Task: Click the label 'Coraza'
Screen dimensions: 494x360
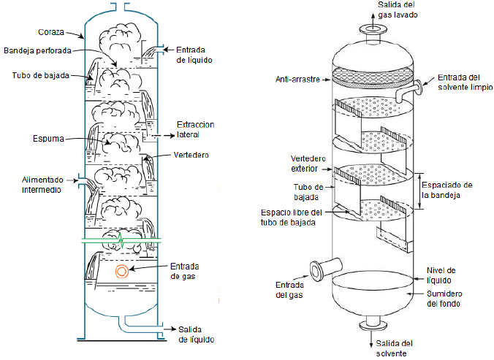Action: click(x=51, y=32)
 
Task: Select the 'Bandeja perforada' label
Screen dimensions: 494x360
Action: click(x=37, y=50)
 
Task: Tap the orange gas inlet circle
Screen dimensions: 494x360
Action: click(x=122, y=271)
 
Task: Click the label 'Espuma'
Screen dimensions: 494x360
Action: click(x=48, y=139)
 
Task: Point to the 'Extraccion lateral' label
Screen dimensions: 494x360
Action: click(x=196, y=130)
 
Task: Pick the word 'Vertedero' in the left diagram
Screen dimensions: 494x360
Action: click(x=191, y=155)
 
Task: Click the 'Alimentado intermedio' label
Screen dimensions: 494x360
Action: click(x=42, y=185)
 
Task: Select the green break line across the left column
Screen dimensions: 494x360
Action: click(x=121, y=241)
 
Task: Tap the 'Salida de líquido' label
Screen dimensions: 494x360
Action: click(x=197, y=334)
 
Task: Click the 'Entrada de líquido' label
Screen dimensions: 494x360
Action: click(x=194, y=55)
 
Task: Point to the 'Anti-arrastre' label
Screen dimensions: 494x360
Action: click(x=297, y=80)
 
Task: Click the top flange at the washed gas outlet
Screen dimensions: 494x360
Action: click(x=373, y=30)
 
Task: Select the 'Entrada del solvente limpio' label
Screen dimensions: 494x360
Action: click(x=465, y=82)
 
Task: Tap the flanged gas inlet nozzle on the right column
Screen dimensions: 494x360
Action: click(x=325, y=269)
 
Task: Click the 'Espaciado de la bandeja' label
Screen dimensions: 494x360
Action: click(x=447, y=190)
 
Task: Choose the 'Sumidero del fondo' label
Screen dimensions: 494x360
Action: click(x=444, y=299)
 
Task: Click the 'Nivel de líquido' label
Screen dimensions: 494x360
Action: click(x=441, y=275)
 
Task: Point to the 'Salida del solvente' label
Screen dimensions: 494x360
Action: click(x=394, y=348)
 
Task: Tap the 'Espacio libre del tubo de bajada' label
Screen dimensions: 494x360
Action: click(x=292, y=218)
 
